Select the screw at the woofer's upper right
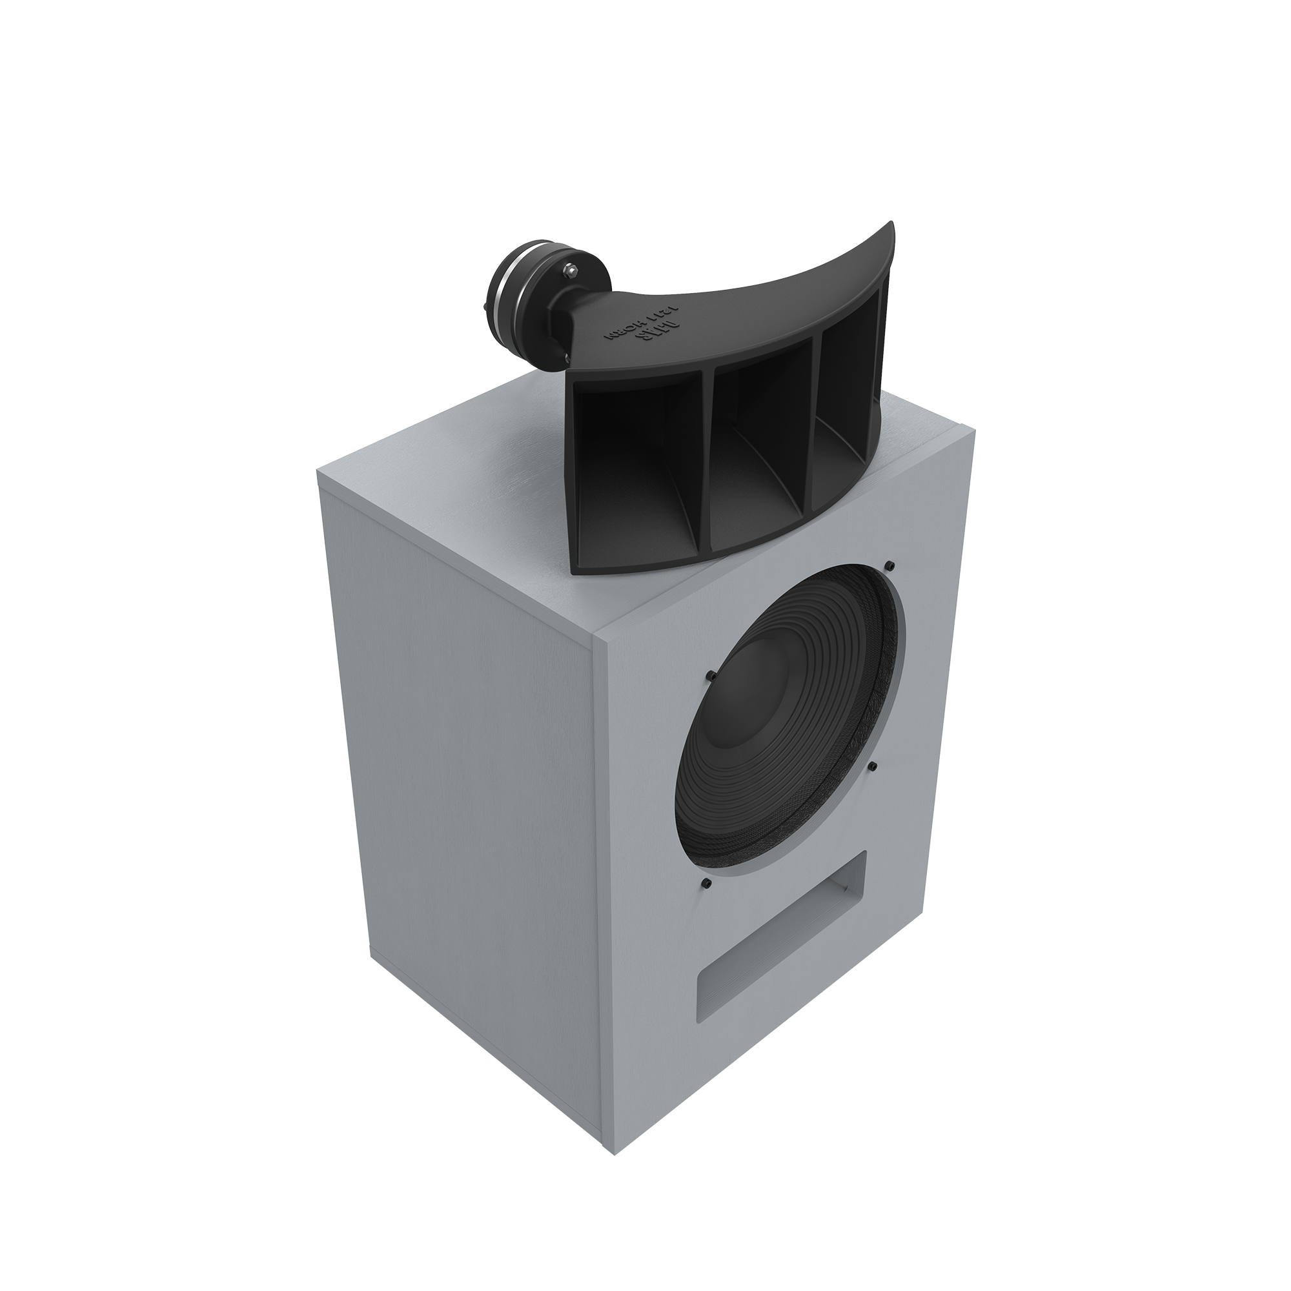tap(891, 567)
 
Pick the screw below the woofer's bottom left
tap(707, 884)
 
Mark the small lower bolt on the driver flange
tap(567, 358)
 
